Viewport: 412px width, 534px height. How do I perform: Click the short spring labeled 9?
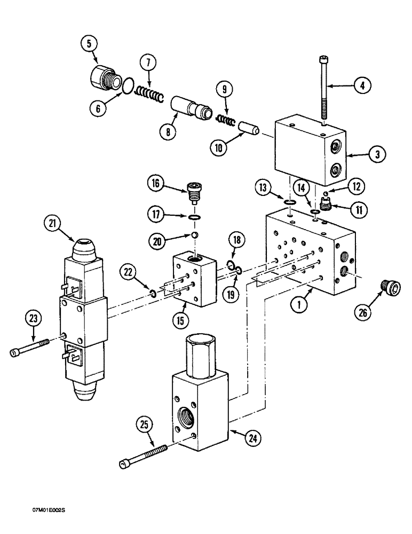[x=224, y=120]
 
